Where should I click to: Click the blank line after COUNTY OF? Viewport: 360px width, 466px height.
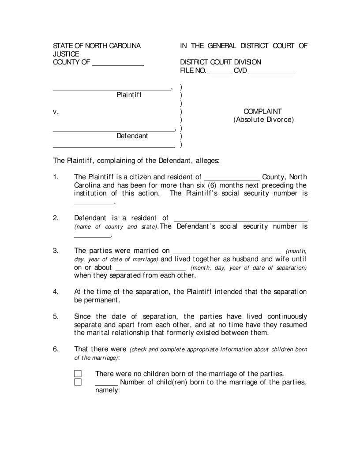pyautogui.click(x=118, y=64)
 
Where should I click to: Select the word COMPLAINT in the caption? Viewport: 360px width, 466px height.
pyautogui.click(x=262, y=112)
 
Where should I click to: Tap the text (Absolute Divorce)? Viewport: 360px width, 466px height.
pyautogui.click(x=263, y=120)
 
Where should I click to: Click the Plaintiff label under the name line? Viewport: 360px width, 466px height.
pyautogui.click(x=129, y=94)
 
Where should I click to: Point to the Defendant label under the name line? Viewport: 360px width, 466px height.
pyautogui.click(x=132, y=136)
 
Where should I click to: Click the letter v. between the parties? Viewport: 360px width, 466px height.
pyautogui.click(x=56, y=112)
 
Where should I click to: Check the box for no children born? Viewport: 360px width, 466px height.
pyautogui.click(x=78, y=373)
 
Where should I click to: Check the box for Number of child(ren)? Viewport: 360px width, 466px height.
pyautogui.click(x=78, y=382)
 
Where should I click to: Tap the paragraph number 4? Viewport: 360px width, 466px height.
pyautogui.click(x=56, y=292)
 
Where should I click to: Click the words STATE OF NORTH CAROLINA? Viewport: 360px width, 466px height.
pyautogui.click(x=97, y=46)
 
